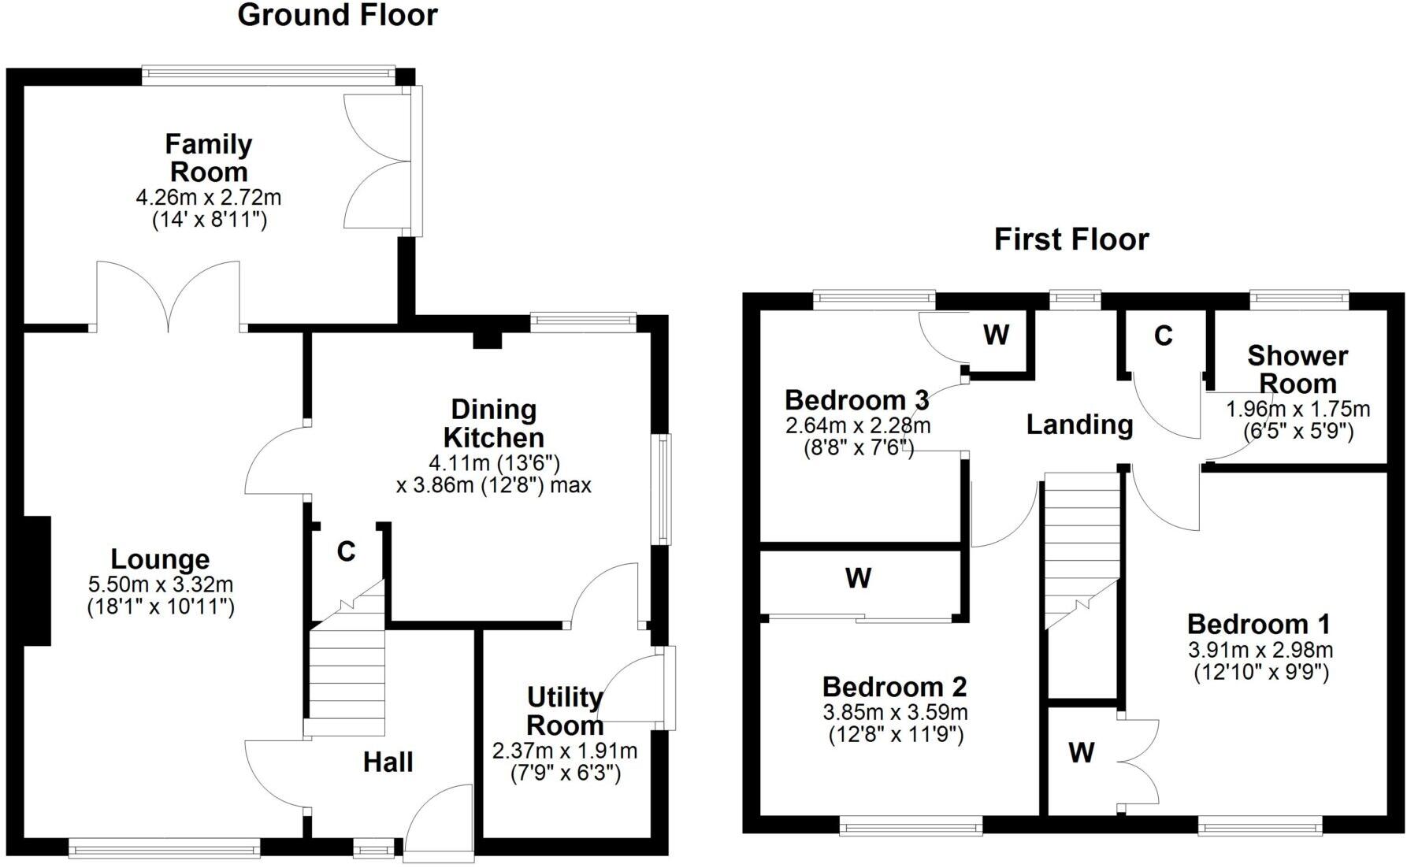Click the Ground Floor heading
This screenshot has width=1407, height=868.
pos(337,15)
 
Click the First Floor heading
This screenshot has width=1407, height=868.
pos(1071,239)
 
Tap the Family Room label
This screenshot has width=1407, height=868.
pos(209,158)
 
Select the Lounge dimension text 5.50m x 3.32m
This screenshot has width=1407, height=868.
pos(161,584)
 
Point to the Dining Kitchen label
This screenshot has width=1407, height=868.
pos(493,423)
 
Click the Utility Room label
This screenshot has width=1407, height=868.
pos(565,710)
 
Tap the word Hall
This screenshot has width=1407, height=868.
pos(388,762)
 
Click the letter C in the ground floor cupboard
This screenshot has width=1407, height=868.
pos(346,551)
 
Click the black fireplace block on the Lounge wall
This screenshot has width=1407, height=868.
pos(36,581)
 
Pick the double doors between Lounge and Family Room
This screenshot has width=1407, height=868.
pos(167,295)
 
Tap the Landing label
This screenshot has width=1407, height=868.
pos(1079,425)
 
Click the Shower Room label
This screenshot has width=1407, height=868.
pos(1297,369)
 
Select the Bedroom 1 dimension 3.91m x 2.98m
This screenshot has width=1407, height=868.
pos(1260,650)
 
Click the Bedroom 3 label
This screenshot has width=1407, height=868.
pos(856,399)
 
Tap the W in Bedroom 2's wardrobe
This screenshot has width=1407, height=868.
pos(858,578)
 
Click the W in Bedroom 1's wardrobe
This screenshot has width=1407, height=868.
pos(1082,752)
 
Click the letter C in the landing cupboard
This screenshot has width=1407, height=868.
pos(1163,336)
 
